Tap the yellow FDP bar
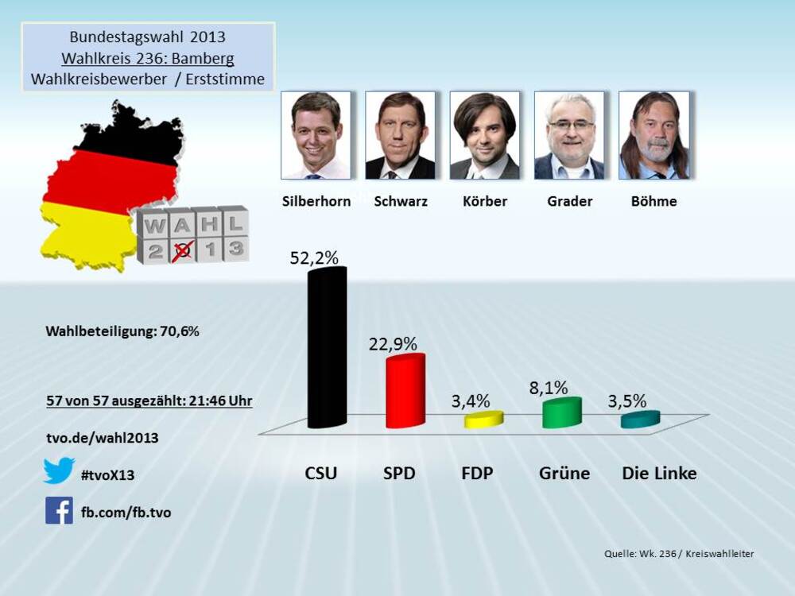click(x=483, y=420)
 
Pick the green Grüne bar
click(x=561, y=412)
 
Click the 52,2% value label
click(x=314, y=257)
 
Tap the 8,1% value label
click(x=549, y=388)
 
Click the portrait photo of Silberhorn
click(x=316, y=135)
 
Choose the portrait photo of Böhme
click(x=653, y=135)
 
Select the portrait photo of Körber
click(x=484, y=135)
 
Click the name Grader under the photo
click(x=569, y=201)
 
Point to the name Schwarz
click(x=401, y=201)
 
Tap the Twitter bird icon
click(x=59, y=470)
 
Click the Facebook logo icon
click(x=59, y=510)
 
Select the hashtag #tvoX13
click(x=108, y=475)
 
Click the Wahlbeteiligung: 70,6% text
click(x=122, y=331)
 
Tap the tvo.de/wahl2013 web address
click(x=102, y=438)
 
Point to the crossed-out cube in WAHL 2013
click(x=183, y=250)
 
